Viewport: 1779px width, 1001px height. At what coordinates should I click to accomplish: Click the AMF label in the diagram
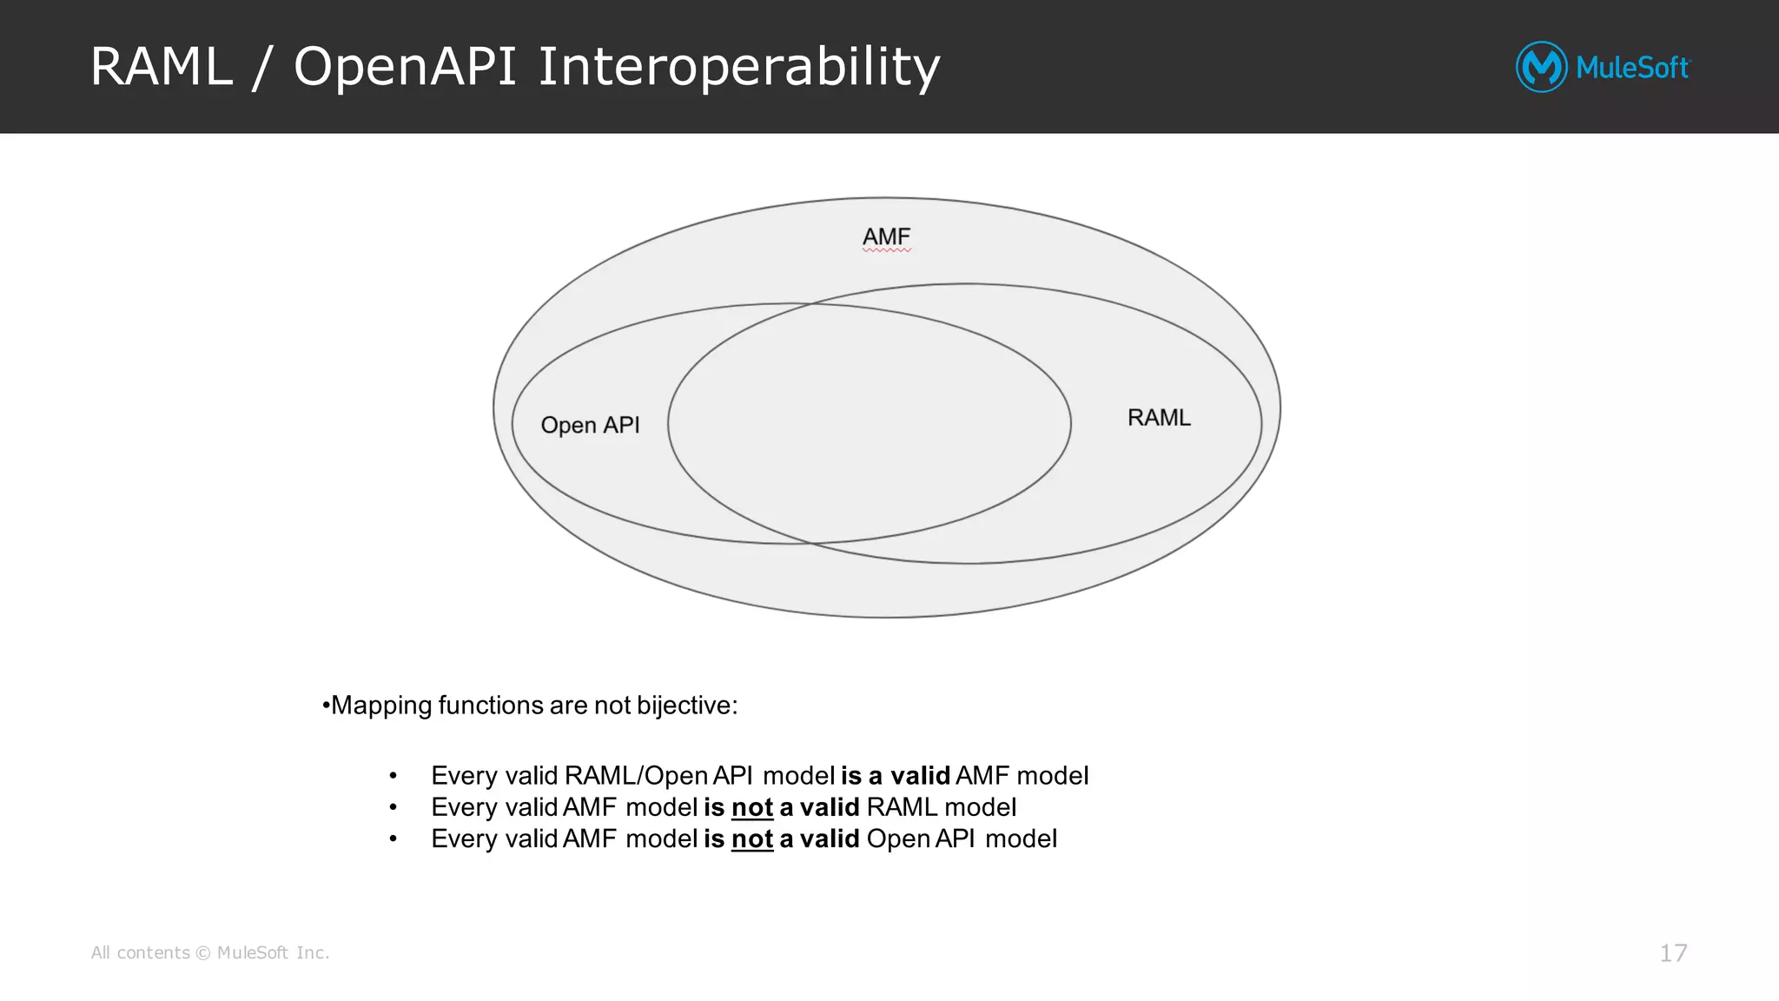point(886,236)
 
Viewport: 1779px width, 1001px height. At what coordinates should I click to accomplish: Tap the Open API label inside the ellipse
point(590,425)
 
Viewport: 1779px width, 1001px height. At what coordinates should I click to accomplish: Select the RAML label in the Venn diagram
point(1159,418)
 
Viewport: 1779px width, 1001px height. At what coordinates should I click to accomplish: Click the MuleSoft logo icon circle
point(1541,67)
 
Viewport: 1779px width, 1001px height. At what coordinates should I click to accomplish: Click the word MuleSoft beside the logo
point(1632,68)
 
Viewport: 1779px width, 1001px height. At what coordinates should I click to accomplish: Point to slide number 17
point(1673,953)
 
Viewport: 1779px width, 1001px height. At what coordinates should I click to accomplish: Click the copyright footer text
point(210,953)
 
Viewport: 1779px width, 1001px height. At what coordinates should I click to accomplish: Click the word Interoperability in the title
point(738,67)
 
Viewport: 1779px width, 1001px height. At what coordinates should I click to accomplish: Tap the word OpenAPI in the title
point(405,67)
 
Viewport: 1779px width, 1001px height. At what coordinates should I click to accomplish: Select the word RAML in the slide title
point(162,67)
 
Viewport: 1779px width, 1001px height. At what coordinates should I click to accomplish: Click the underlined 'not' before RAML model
point(752,807)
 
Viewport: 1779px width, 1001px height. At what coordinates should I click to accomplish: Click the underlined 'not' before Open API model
point(752,839)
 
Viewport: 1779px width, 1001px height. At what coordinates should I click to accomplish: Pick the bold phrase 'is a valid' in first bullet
point(895,776)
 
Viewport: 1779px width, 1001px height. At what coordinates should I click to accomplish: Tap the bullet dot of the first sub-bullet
point(393,776)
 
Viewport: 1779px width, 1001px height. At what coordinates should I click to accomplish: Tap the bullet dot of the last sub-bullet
point(393,839)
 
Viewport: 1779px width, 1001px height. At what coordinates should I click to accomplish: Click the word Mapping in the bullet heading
point(381,706)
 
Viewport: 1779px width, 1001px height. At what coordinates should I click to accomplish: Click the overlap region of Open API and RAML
point(869,423)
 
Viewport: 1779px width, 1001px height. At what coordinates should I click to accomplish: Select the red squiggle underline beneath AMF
point(886,250)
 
